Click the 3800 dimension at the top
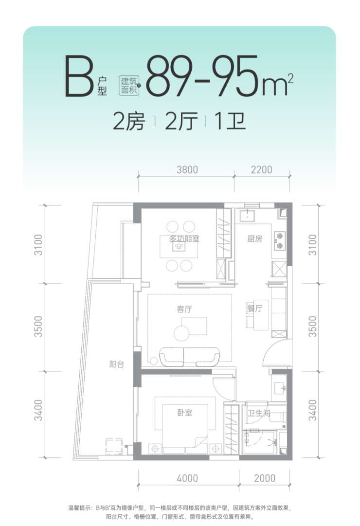[x=187, y=170]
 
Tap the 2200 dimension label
[x=261, y=170]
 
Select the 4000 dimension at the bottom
[x=187, y=478]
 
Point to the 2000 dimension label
[x=264, y=478]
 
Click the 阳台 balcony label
[x=117, y=364]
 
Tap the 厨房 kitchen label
[x=255, y=239]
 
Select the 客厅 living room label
[x=184, y=309]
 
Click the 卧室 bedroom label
[x=185, y=413]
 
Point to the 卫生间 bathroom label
[x=259, y=413]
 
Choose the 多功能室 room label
[x=184, y=239]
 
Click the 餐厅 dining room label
[x=255, y=308]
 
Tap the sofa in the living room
[x=190, y=357]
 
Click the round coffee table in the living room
[x=181, y=333]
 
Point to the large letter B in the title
[x=79, y=76]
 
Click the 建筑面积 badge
[x=129, y=85]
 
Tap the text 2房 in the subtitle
[x=129, y=122]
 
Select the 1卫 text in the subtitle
[x=230, y=122]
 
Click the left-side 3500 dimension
[x=38, y=326]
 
